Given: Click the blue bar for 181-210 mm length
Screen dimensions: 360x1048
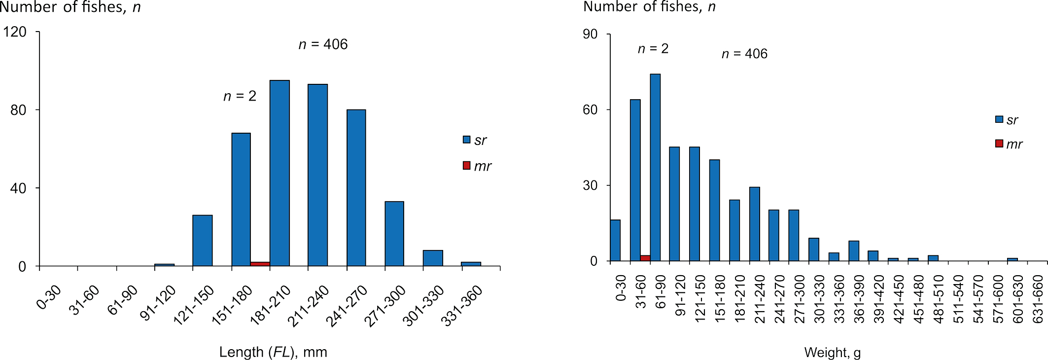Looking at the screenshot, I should point(279,173).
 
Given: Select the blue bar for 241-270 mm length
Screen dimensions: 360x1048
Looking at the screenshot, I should point(356,187).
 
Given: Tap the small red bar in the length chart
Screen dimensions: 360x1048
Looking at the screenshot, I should point(260,264).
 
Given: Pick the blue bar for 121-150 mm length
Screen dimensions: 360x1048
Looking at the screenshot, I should point(203,240).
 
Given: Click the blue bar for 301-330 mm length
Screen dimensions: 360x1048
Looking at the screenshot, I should point(433,258).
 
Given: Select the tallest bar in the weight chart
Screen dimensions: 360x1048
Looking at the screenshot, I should point(655,167).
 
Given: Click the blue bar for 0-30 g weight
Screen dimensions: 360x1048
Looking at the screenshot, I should point(615,240).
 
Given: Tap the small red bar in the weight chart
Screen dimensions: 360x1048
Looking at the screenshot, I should point(645,258).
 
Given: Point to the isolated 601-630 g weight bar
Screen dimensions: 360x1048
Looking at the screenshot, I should point(1013,259).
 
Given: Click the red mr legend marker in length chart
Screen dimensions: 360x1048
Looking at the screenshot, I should point(466,166).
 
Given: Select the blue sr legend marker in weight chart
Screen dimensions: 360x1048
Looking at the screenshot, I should point(999,119).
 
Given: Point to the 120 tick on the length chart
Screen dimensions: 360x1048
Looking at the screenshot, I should point(15,32).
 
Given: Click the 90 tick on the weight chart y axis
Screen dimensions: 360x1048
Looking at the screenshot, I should point(590,34).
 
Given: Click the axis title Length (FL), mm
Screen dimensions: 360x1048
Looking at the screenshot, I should point(273,352).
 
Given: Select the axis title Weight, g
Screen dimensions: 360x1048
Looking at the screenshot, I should point(833,353).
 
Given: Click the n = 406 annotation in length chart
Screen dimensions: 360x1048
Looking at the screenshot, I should point(323,44).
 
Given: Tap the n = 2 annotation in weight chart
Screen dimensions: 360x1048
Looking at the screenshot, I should point(653,49).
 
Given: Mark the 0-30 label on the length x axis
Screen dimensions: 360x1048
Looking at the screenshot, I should point(49,297).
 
